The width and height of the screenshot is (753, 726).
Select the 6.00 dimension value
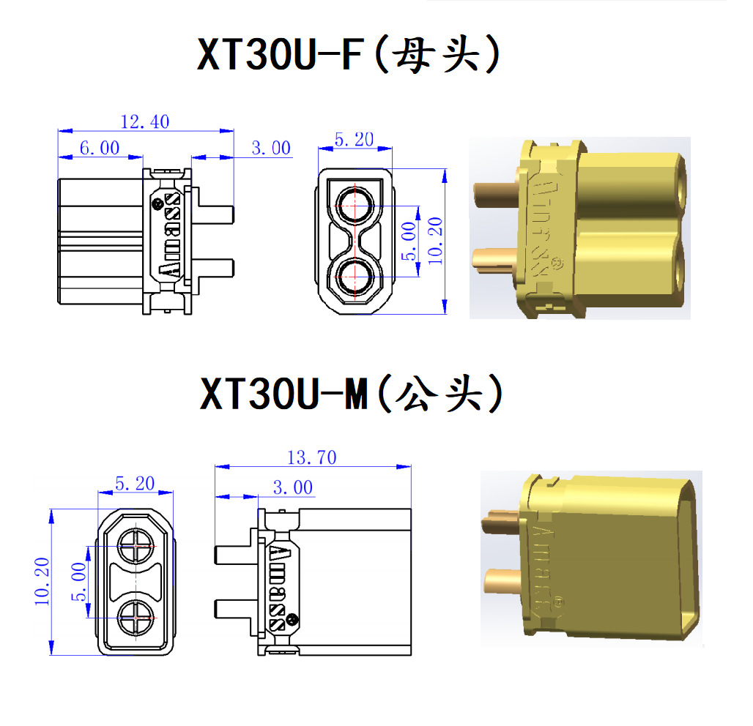[x=99, y=149]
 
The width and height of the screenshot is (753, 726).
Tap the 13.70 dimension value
[x=311, y=458]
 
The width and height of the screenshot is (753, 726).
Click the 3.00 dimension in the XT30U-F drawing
[x=270, y=149]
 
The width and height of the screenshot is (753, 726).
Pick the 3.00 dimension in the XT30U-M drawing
[x=292, y=488]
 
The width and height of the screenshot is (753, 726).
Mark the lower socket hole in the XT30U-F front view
[x=355, y=278]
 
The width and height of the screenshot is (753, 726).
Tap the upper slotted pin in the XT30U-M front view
[x=137, y=546]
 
